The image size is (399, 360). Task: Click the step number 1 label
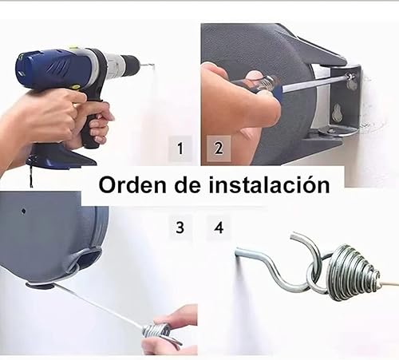(x=180, y=148)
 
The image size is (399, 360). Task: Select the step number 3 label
(x=180, y=227)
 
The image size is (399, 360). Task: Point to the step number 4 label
(x=218, y=227)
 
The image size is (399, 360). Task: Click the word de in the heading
(x=185, y=185)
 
